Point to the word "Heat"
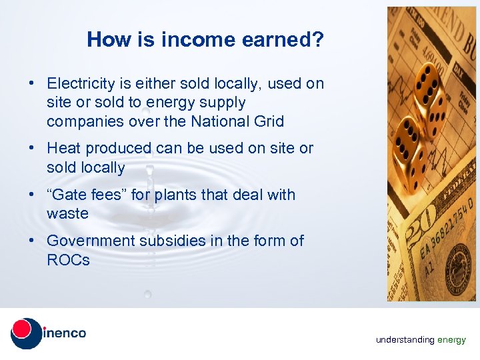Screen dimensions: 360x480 click(x=64, y=149)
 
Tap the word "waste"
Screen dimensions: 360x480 click(x=67, y=214)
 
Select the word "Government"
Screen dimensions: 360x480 click(x=91, y=241)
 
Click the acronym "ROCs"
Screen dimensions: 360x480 click(x=68, y=260)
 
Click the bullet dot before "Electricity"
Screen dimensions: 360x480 click(x=31, y=85)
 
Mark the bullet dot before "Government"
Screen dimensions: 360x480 click(x=31, y=241)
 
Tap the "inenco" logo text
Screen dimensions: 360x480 click(x=65, y=333)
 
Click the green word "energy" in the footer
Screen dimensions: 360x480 click(x=451, y=340)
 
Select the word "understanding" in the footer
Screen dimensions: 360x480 click(x=405, y=340)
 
